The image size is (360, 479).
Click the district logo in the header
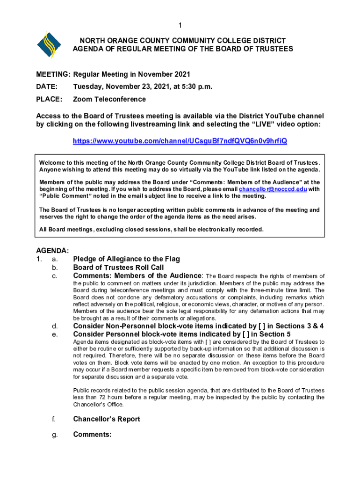coord(49,45)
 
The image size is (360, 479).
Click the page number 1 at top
coord(180,25)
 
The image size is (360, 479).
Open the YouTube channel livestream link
coord(180,141)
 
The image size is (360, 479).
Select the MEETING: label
coord(53,74)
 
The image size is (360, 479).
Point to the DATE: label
coord(47,87)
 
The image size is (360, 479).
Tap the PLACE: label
coord(49,99)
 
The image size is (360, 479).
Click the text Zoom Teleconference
coord(109,99)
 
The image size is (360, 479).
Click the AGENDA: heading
coord(53,251)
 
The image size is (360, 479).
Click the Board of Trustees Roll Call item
coord(118,267)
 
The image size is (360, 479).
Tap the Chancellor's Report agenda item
coord(106,419)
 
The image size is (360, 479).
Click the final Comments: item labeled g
coord(92,435)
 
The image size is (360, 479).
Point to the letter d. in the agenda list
coord(55,326)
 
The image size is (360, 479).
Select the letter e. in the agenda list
coord(55,334)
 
